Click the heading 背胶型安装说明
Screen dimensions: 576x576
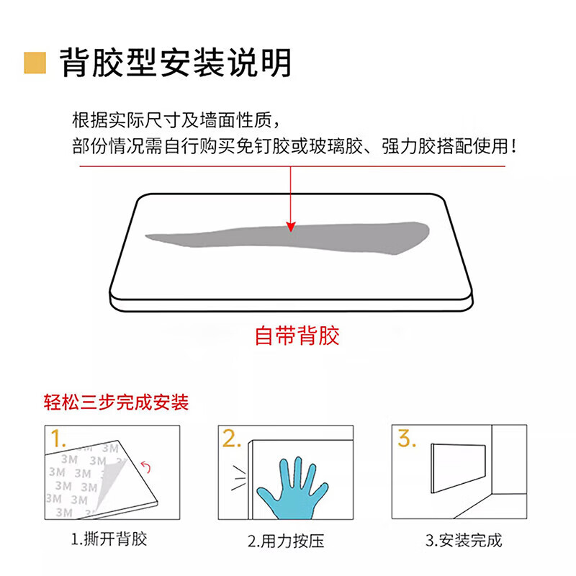(175, 63)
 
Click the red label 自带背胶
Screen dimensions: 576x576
(297, 336)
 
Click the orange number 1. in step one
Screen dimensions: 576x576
(57, 438)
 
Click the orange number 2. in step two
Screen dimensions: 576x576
(232, 439)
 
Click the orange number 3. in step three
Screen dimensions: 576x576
(407, 438)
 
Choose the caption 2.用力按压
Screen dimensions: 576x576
(285, 540)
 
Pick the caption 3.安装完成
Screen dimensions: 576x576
(463, 540)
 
